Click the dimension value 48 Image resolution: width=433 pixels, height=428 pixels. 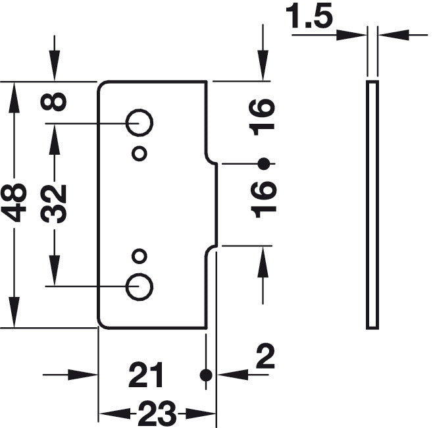[14, 203]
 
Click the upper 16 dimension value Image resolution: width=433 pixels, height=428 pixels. [263, 117]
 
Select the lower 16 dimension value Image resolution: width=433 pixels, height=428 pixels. [263, 197]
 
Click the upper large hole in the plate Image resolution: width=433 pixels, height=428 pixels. [140, 122]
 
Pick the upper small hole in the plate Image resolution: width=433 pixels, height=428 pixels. [139, 153]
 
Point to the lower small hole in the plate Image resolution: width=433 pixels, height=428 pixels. [139, 255]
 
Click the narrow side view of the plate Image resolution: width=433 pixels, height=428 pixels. [372, 204]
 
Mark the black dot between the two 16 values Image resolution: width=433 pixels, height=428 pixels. [263, 163]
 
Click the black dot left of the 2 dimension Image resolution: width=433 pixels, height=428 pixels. [206, 375]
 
